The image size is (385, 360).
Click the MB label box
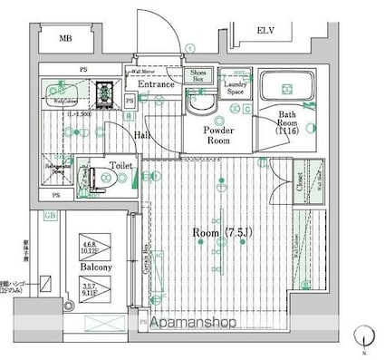tap(66, 39)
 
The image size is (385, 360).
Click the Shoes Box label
tap(198, 76)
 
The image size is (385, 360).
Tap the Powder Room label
tap(217, 135)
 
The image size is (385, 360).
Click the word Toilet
tap(121, 166)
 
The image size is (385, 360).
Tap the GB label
tap(50, 216)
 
